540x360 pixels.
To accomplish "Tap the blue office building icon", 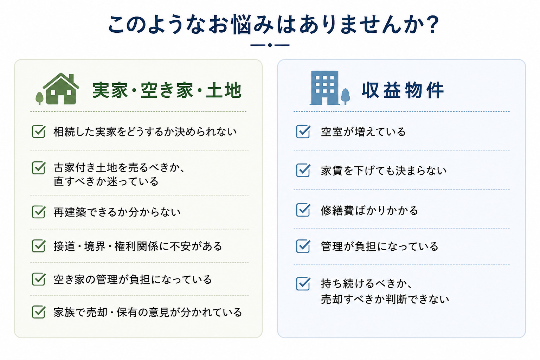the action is pos(325,88).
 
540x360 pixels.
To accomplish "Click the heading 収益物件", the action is pos(403,90).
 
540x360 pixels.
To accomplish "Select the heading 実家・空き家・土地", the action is pos(167,90).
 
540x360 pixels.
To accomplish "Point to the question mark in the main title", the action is pos(431,25).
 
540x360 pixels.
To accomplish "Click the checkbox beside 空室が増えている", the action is pos(303,131).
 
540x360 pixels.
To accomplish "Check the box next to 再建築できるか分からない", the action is pos(39,212).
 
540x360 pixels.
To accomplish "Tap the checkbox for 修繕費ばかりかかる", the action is pos(303,210).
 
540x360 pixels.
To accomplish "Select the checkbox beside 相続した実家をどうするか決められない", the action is pos(39,131).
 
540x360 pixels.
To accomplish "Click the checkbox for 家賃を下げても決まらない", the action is pos(303,170).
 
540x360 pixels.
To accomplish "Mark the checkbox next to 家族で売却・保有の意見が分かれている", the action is pos(39,312).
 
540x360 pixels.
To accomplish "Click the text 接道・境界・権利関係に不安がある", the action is pos(138,246).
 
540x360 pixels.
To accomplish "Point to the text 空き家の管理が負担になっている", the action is pos(133,279).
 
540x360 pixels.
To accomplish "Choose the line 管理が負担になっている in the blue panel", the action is pos(379,246).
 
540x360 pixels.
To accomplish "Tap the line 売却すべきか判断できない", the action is pos(385,299).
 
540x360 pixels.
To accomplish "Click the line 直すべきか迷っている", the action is pos(106,181).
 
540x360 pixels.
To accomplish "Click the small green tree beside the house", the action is pos(39,98).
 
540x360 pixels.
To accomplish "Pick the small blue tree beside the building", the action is pos(345,96).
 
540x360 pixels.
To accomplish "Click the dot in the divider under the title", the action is pos(270,45).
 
